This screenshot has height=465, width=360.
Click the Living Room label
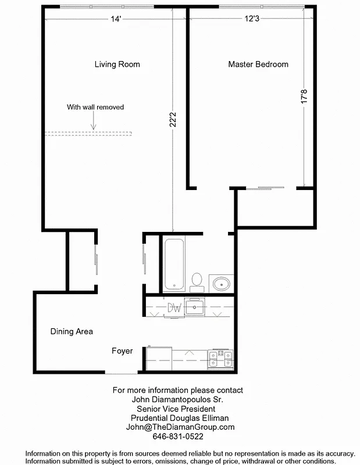pos(117,65)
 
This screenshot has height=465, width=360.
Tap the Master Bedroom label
pos(258,65)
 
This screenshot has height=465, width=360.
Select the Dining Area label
pos(72,332)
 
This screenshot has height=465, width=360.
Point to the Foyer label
pos(122,351)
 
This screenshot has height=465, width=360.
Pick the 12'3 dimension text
pos(252,19)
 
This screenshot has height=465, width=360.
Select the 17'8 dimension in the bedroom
pos(302,96)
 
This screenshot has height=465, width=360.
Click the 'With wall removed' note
pos(95,107)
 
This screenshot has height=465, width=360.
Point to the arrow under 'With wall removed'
pos(92,121)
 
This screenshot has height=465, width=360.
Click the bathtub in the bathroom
pos(173,264)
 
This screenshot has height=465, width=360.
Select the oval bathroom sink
pos(221,284)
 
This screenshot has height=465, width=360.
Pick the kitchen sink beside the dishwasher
pos(194,306)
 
